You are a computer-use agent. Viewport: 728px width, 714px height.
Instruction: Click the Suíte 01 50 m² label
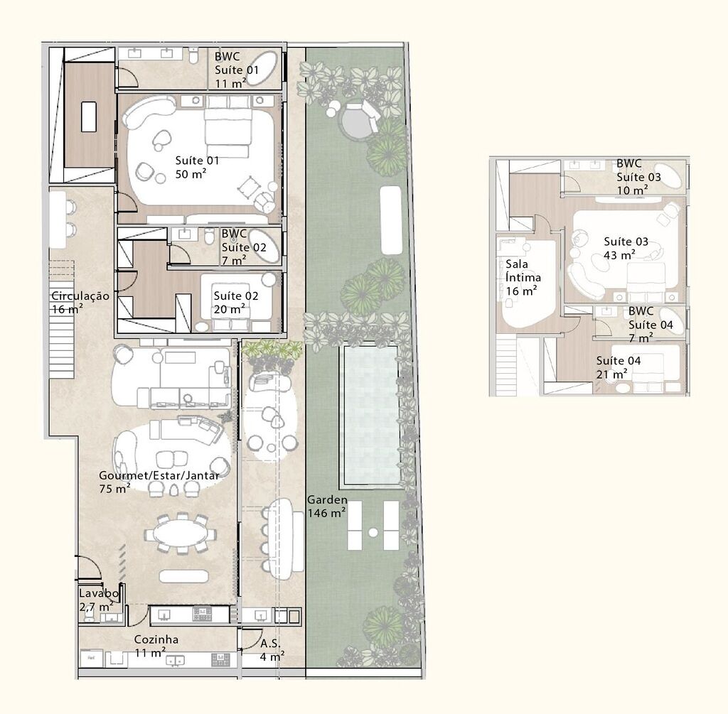point(198,167)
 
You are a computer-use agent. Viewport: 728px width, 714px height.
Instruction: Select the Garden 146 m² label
point(326,506)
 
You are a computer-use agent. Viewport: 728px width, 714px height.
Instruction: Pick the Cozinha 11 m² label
point(156,645)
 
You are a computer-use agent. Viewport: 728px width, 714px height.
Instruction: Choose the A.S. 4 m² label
point(271,649)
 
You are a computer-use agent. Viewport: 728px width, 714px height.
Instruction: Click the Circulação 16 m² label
point(80,303)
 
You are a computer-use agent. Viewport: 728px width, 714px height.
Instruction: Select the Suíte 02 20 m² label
point(236,302)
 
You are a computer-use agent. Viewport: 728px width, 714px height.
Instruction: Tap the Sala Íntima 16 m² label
point(523,277)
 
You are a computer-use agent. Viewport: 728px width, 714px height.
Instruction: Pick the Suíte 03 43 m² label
point(626,248)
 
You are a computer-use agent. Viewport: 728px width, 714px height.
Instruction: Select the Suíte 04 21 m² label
point(618,367)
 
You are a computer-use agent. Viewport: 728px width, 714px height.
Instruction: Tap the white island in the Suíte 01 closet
point(89,117)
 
